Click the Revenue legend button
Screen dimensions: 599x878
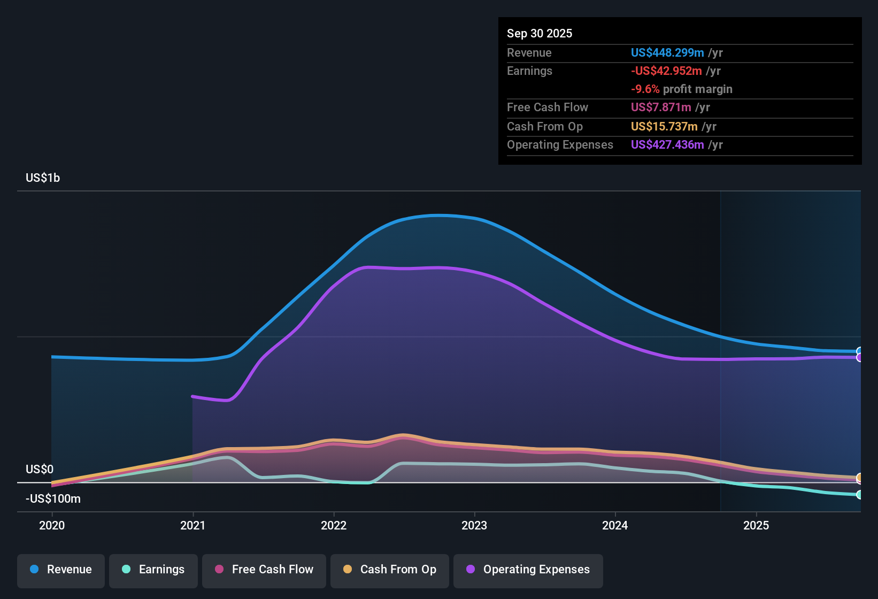coord(61,570)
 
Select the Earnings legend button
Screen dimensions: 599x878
coord(153,570)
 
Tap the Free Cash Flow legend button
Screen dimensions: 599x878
coord(264,570)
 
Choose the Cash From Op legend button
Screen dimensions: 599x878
coord(390,570)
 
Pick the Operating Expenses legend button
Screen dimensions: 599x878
coord(528,570)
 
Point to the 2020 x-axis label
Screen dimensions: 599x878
coord(52,526)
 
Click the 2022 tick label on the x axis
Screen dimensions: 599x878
coord(334,526)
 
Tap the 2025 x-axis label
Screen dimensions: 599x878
coord(756,526)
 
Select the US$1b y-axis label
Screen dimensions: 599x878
coord(43,178)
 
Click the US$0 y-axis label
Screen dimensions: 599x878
coord(40,470)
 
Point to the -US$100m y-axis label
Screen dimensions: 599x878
coord(53,499)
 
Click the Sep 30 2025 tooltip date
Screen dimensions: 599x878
coord(540,34)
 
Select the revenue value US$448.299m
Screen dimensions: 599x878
coord(667,53)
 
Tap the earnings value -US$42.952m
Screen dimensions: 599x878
coord(666,71)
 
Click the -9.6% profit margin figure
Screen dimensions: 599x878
coord(645,89)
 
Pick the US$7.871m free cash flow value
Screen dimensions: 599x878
coord(661,107)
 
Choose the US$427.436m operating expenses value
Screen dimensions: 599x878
coord(667,145)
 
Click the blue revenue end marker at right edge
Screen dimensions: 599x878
coord(859,351)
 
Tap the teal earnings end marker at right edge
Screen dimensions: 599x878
coord(859,495)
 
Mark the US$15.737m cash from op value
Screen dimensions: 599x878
coord(664,127)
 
